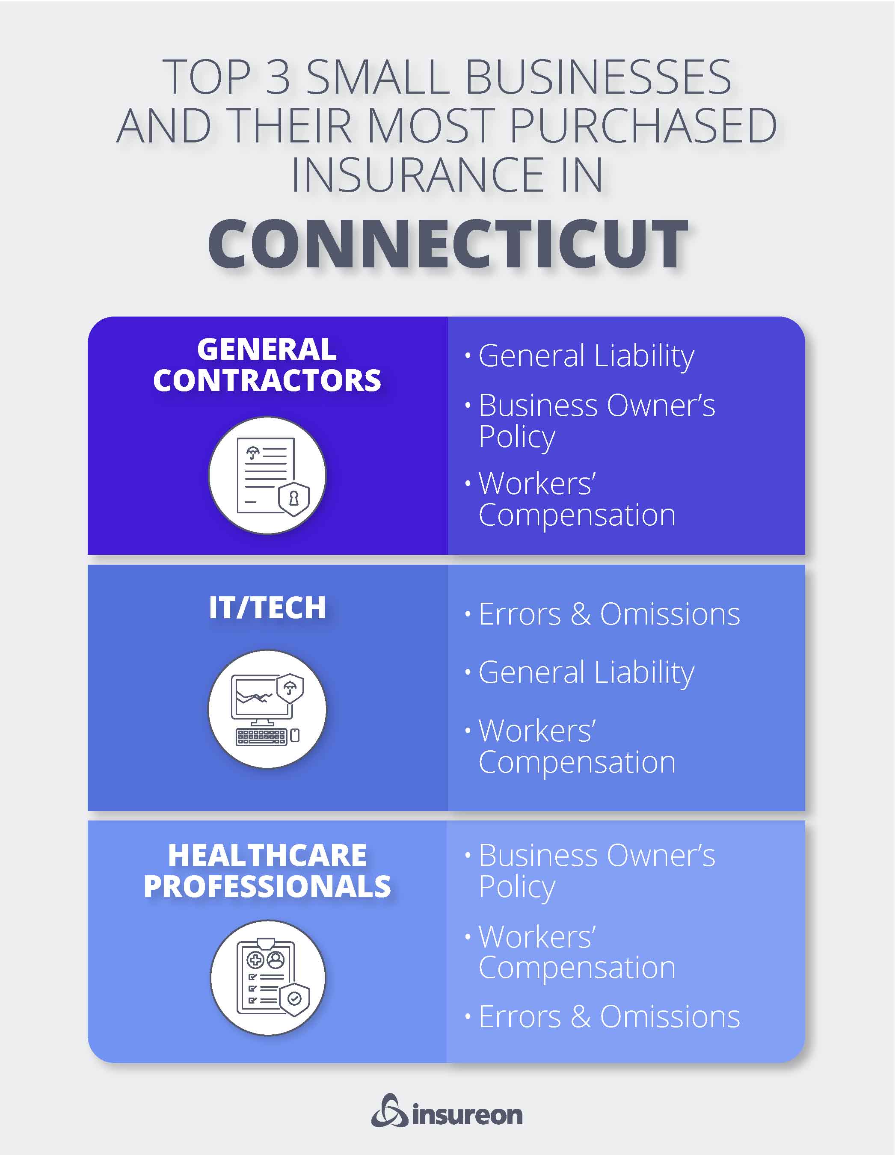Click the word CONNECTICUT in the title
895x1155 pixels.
447,244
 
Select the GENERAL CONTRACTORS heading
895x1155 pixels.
267,364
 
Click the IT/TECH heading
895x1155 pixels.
267,607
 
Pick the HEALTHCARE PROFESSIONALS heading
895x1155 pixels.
267,871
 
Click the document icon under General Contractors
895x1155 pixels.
267,475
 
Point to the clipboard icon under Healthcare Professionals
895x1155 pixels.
267,977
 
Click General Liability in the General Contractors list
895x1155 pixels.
586,356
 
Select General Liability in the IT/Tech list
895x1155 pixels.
586,673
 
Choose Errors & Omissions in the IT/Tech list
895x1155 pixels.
609,615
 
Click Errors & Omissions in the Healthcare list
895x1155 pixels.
609,1016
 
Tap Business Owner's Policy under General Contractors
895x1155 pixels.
596,421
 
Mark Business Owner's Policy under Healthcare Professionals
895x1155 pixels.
596,871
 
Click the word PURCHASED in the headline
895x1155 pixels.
643,126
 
